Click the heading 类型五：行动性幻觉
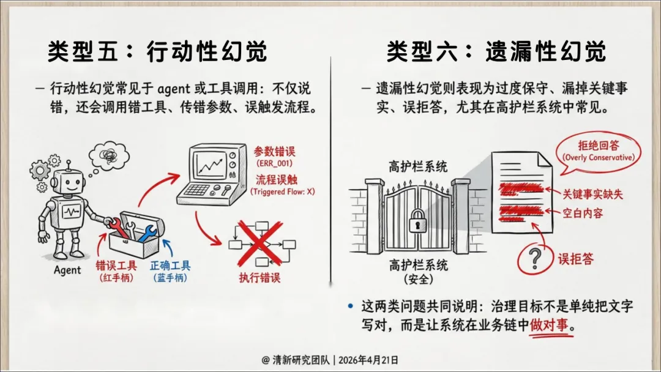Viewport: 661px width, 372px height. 158,52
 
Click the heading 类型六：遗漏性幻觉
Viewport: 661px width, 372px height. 496,52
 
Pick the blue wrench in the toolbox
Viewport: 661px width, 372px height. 148,232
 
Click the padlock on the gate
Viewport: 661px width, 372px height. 419,220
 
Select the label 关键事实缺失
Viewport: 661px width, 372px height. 593,194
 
